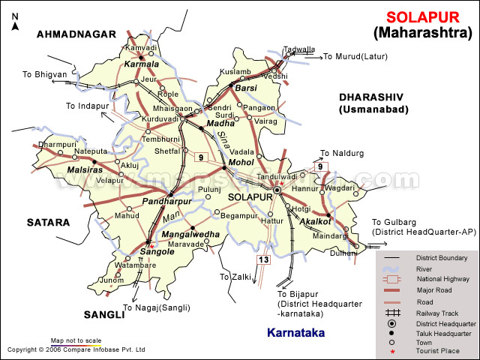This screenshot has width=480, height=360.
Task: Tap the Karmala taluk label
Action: pos(142,64)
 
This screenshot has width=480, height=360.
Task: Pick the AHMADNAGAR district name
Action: pos(76,34)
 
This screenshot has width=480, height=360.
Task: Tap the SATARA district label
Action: pos(48,222)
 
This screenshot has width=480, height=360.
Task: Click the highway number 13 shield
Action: pos(263,259)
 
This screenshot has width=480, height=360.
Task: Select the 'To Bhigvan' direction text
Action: pos(44,74)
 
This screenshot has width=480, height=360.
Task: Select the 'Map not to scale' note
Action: pos(76,340)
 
